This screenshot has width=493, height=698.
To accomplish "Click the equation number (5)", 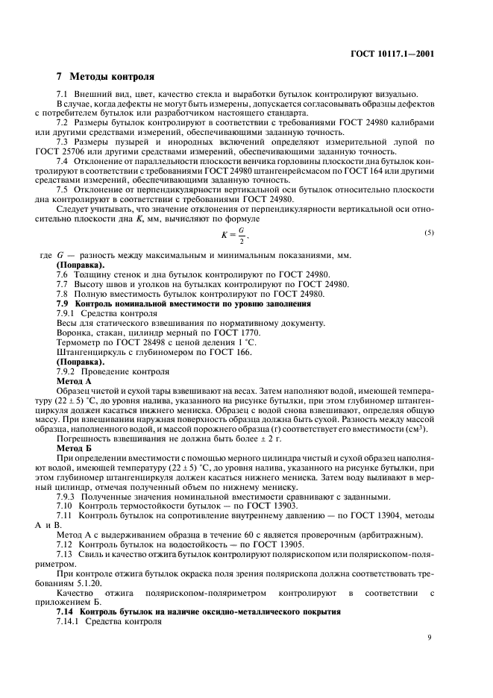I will pos(430,233).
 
